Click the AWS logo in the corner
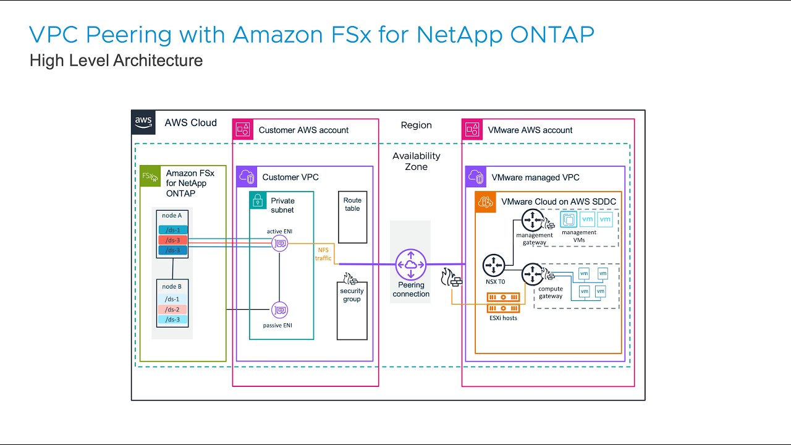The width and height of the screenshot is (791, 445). [143, 122]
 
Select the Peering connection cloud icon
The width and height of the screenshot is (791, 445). [411, 265]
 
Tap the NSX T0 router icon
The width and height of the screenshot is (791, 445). [494, 265]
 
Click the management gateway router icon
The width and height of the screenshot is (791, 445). [531, 220]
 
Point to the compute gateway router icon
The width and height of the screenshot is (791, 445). [531, 274]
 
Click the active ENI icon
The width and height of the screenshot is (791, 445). [279, 244]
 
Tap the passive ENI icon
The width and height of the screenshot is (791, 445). [279, 310]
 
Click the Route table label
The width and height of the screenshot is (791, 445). [352, 205]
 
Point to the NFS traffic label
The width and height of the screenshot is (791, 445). [324, 254]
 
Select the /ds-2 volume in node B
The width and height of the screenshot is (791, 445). [172, 309]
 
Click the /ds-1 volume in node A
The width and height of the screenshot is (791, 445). [172, 230]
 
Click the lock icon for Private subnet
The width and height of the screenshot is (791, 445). [258, 200]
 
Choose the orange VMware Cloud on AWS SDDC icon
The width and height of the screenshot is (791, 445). [485, 201]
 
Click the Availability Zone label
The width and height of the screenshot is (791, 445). [416, 161]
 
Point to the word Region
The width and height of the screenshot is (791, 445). [416, 125]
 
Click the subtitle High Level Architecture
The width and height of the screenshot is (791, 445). [116, 61]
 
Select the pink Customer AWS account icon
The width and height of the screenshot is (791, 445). [243, 130]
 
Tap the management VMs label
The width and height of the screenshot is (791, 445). [579, 236]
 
